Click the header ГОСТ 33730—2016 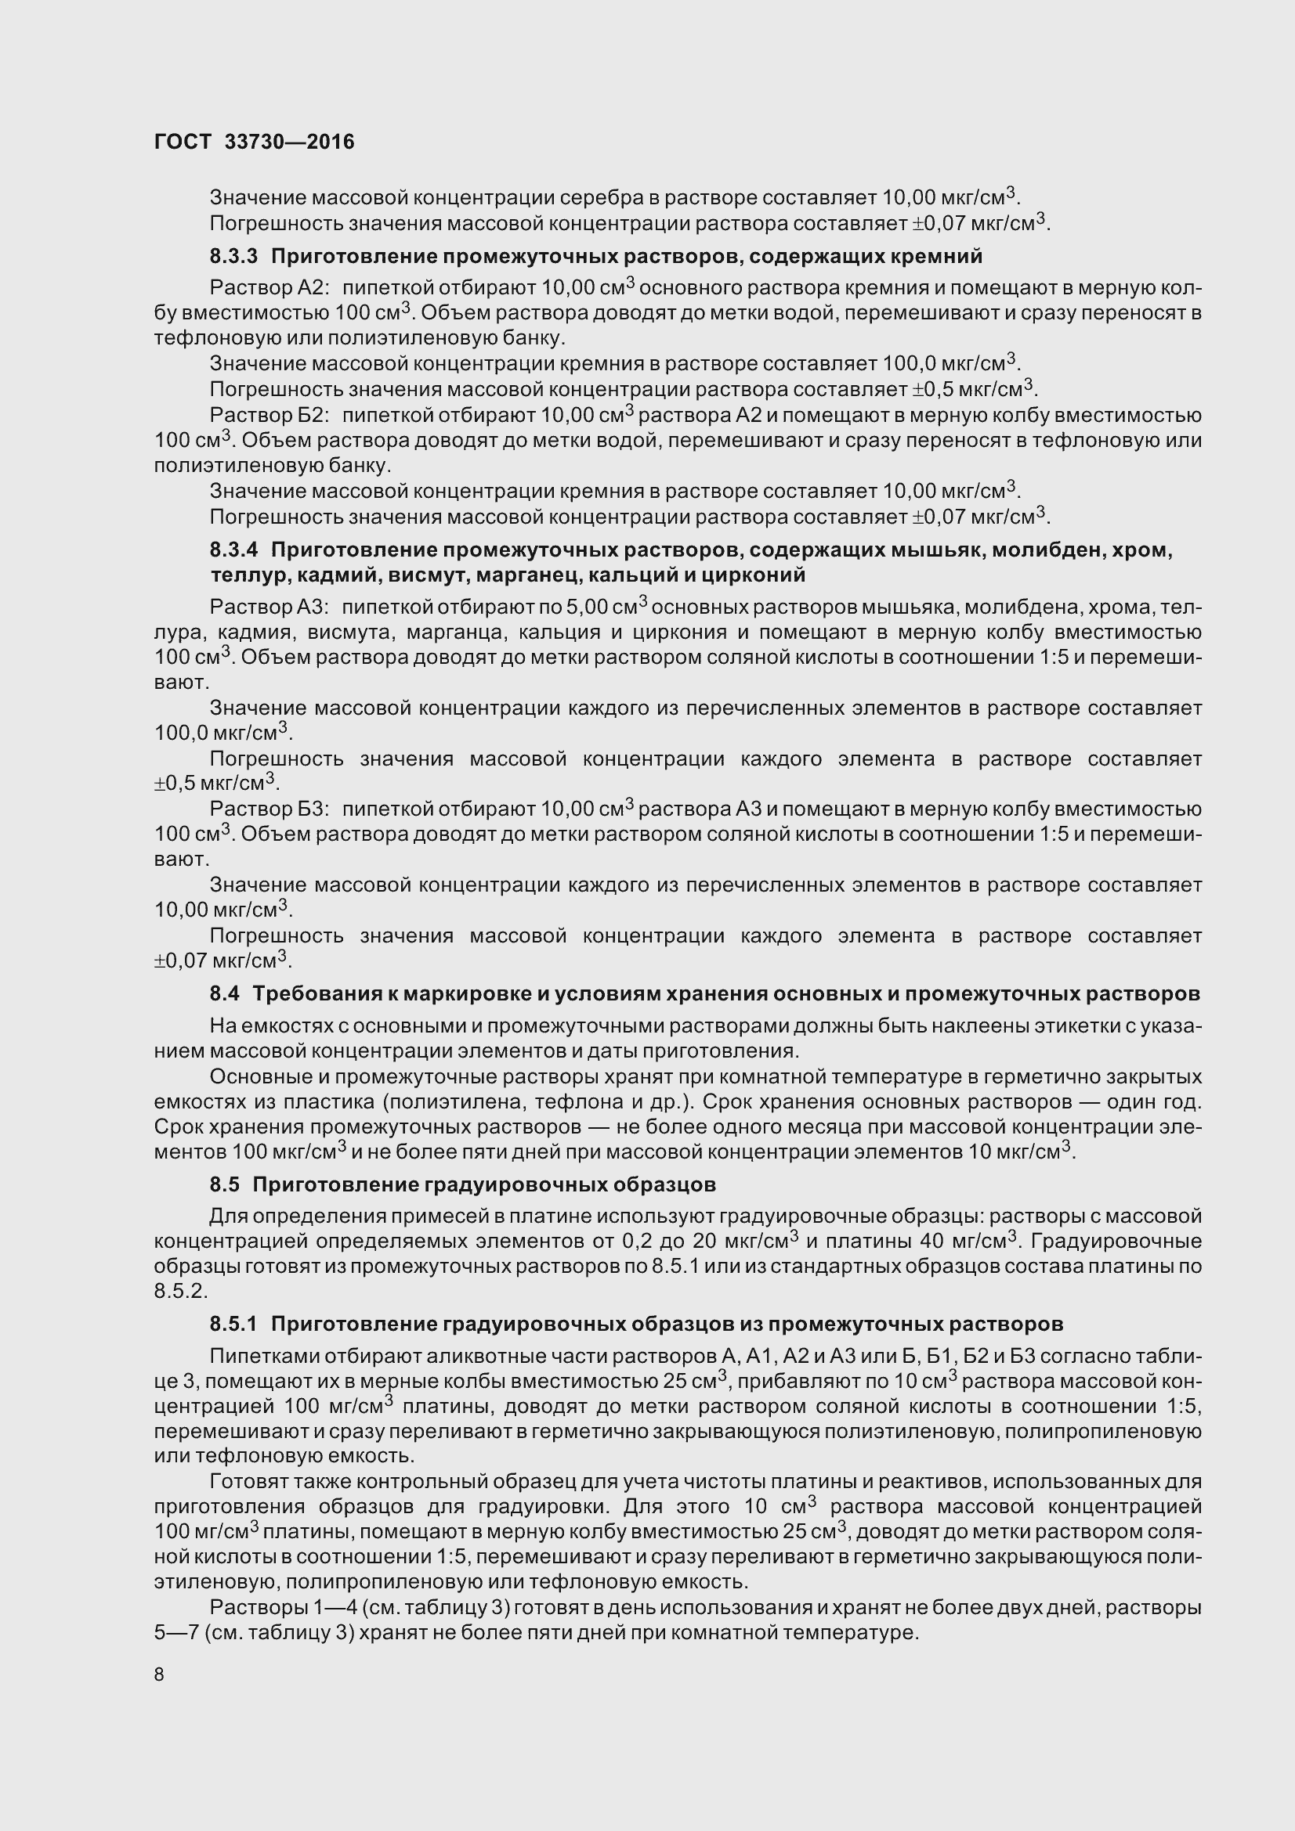click(254, 142)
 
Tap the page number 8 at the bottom click(159, 1674)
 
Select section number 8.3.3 click(233, 256)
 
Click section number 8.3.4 click(233, 550)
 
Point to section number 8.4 click(224, 993)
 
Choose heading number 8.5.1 click(233, 1324)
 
